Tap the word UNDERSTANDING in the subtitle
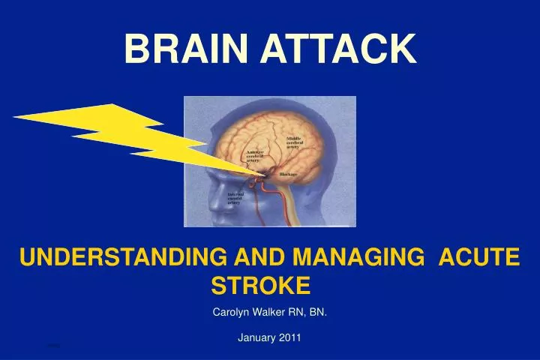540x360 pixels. (x=122, y=258)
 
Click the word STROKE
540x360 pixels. (x=260, y=285)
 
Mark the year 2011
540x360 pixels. (x=289, y=337)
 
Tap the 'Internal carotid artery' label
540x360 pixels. (x=237, y=198)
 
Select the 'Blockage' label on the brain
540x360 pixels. (x=289, y=175)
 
